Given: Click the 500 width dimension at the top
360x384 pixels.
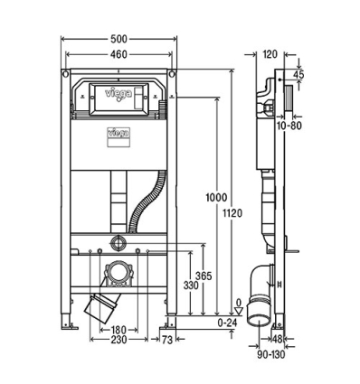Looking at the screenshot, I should coord(118,41).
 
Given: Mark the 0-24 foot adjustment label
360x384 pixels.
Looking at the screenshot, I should coord(229,322).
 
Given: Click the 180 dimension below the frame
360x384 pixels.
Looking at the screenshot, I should coord(119,330).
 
